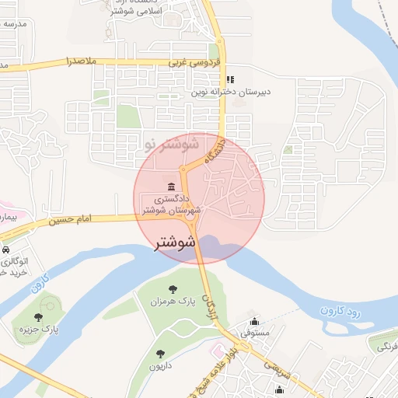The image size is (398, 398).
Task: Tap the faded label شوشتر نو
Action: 173,145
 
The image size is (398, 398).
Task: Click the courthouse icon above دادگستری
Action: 170,186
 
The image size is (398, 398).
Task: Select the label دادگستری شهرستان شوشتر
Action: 173,204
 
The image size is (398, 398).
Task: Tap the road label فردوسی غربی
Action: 195,61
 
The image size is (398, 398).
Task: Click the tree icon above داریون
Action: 159,353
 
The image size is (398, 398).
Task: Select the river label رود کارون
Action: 340,311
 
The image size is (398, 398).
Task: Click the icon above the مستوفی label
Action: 254,322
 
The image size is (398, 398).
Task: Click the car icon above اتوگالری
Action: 5,251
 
